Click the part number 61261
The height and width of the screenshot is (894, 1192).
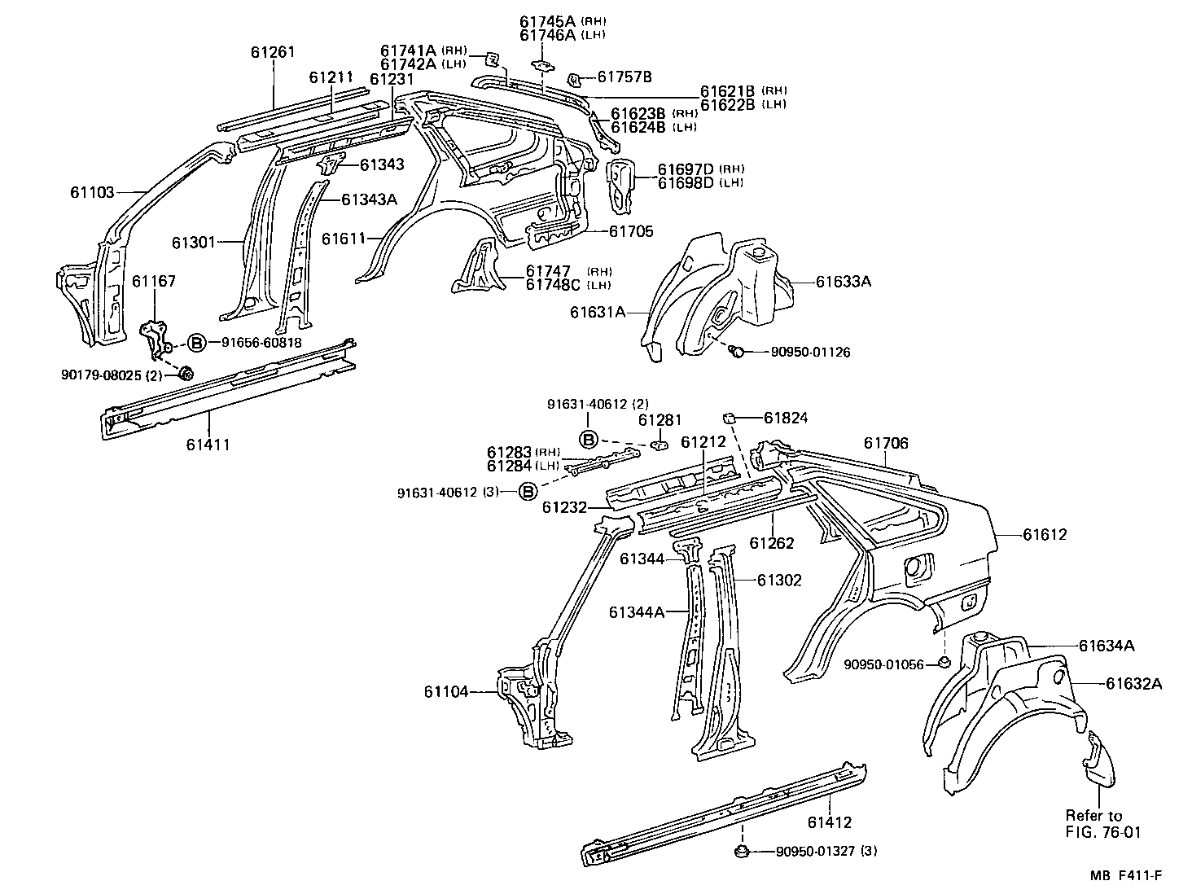click(x=273, y=52)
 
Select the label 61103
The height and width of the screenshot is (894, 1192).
click(x=92, y=193)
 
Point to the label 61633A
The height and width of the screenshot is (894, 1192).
click(x=844, y=282)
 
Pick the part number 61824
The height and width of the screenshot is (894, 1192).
click(x=786, y=418)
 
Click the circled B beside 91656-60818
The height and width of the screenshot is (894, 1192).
click(x=196, y=343)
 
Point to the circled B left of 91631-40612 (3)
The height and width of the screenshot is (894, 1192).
click(x=528, y=492)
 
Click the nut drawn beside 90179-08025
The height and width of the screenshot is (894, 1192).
click(x=185, y=374)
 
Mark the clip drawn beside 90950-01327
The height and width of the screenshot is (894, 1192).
click(x=742, y=851)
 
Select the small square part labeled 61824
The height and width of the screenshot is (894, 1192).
click(x=730, y=417)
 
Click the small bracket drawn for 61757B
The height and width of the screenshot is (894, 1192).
click(x=573, y=79)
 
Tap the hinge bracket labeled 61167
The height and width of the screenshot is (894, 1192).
click(x=155, y=338)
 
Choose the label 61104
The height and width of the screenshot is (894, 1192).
click(x=446, y=692)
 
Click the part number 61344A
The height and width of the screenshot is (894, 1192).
click(x=637, y=611)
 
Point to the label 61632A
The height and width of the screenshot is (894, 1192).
click(x=1133, y=683)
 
